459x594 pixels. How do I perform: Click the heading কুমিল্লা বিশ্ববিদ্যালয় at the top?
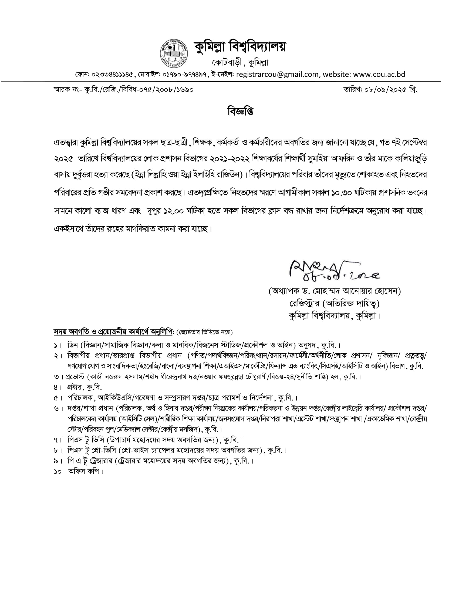[x=240, y=47]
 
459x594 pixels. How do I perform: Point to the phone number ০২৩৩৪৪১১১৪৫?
[x=112, y=75]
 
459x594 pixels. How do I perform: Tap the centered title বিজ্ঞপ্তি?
[x=240, y=112]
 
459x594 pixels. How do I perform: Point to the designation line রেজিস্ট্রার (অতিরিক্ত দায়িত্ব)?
[x=334, y=303]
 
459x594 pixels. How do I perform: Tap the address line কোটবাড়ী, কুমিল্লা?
[x=240, y=63]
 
